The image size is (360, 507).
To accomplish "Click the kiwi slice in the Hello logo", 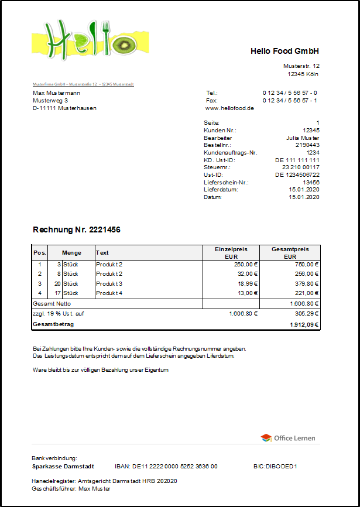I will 125,45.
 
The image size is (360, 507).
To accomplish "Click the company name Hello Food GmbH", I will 284,51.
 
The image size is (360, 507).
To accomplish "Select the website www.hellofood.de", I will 229,108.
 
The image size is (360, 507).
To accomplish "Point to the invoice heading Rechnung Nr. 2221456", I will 77,230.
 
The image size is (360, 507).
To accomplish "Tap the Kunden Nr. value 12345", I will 311,130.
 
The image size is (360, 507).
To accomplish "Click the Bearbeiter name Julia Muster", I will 303,138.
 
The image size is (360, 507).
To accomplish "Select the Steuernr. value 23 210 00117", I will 300,167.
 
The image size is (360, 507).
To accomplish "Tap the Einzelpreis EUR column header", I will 231,252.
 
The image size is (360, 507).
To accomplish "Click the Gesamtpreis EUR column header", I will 290,252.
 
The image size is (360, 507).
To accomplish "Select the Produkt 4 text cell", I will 109,293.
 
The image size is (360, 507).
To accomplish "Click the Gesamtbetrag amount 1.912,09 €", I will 304,324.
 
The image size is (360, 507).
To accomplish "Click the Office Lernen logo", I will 287,438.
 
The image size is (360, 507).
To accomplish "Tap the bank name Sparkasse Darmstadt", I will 64,467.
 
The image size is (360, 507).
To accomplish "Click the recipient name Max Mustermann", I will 57,93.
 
